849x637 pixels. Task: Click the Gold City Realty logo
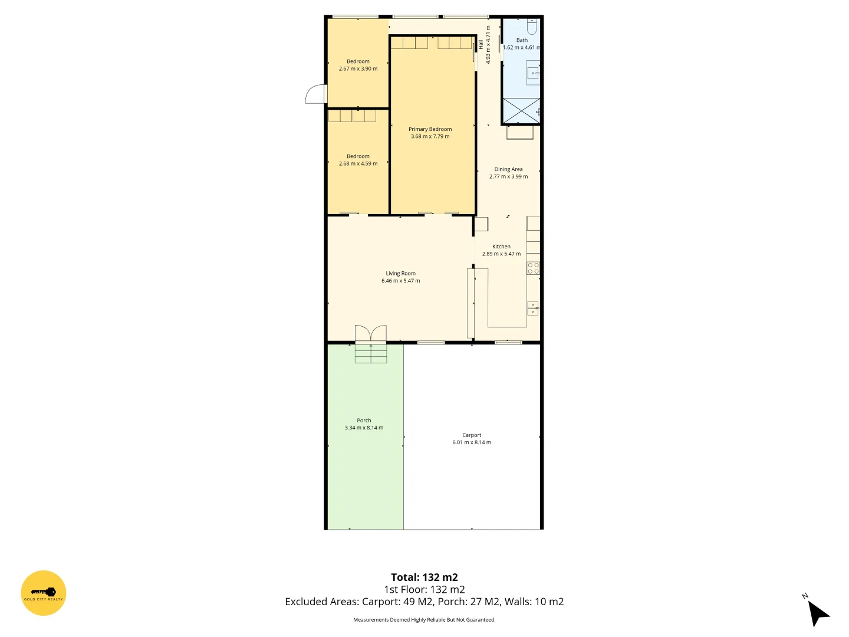(44, 593)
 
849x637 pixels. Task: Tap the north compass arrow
(817, 613)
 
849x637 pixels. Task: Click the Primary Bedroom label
(430, 129)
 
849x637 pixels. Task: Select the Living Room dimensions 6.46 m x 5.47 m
(400, 281)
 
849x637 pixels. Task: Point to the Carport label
(472, 435)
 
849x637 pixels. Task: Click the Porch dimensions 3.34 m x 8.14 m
(364, 428)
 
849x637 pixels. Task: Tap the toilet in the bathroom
(532, 27)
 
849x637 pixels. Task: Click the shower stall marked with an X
(521, 111)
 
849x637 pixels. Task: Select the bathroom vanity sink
(533, 73)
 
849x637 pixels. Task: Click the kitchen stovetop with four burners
(533, 268)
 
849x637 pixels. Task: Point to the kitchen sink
(532, 308)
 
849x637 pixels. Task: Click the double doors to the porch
(370, 334)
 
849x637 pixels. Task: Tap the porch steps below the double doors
(370, 353)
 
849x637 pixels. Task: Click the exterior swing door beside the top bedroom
(317, 94)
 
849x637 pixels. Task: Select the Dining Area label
(508, 169)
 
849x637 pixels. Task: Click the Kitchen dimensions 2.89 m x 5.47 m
(501, 254)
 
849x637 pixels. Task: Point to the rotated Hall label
(481, 44)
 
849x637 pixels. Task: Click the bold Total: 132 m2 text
(424, 577)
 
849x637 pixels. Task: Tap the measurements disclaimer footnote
(424, 620)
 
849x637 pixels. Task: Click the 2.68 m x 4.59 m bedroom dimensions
(358, 163)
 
